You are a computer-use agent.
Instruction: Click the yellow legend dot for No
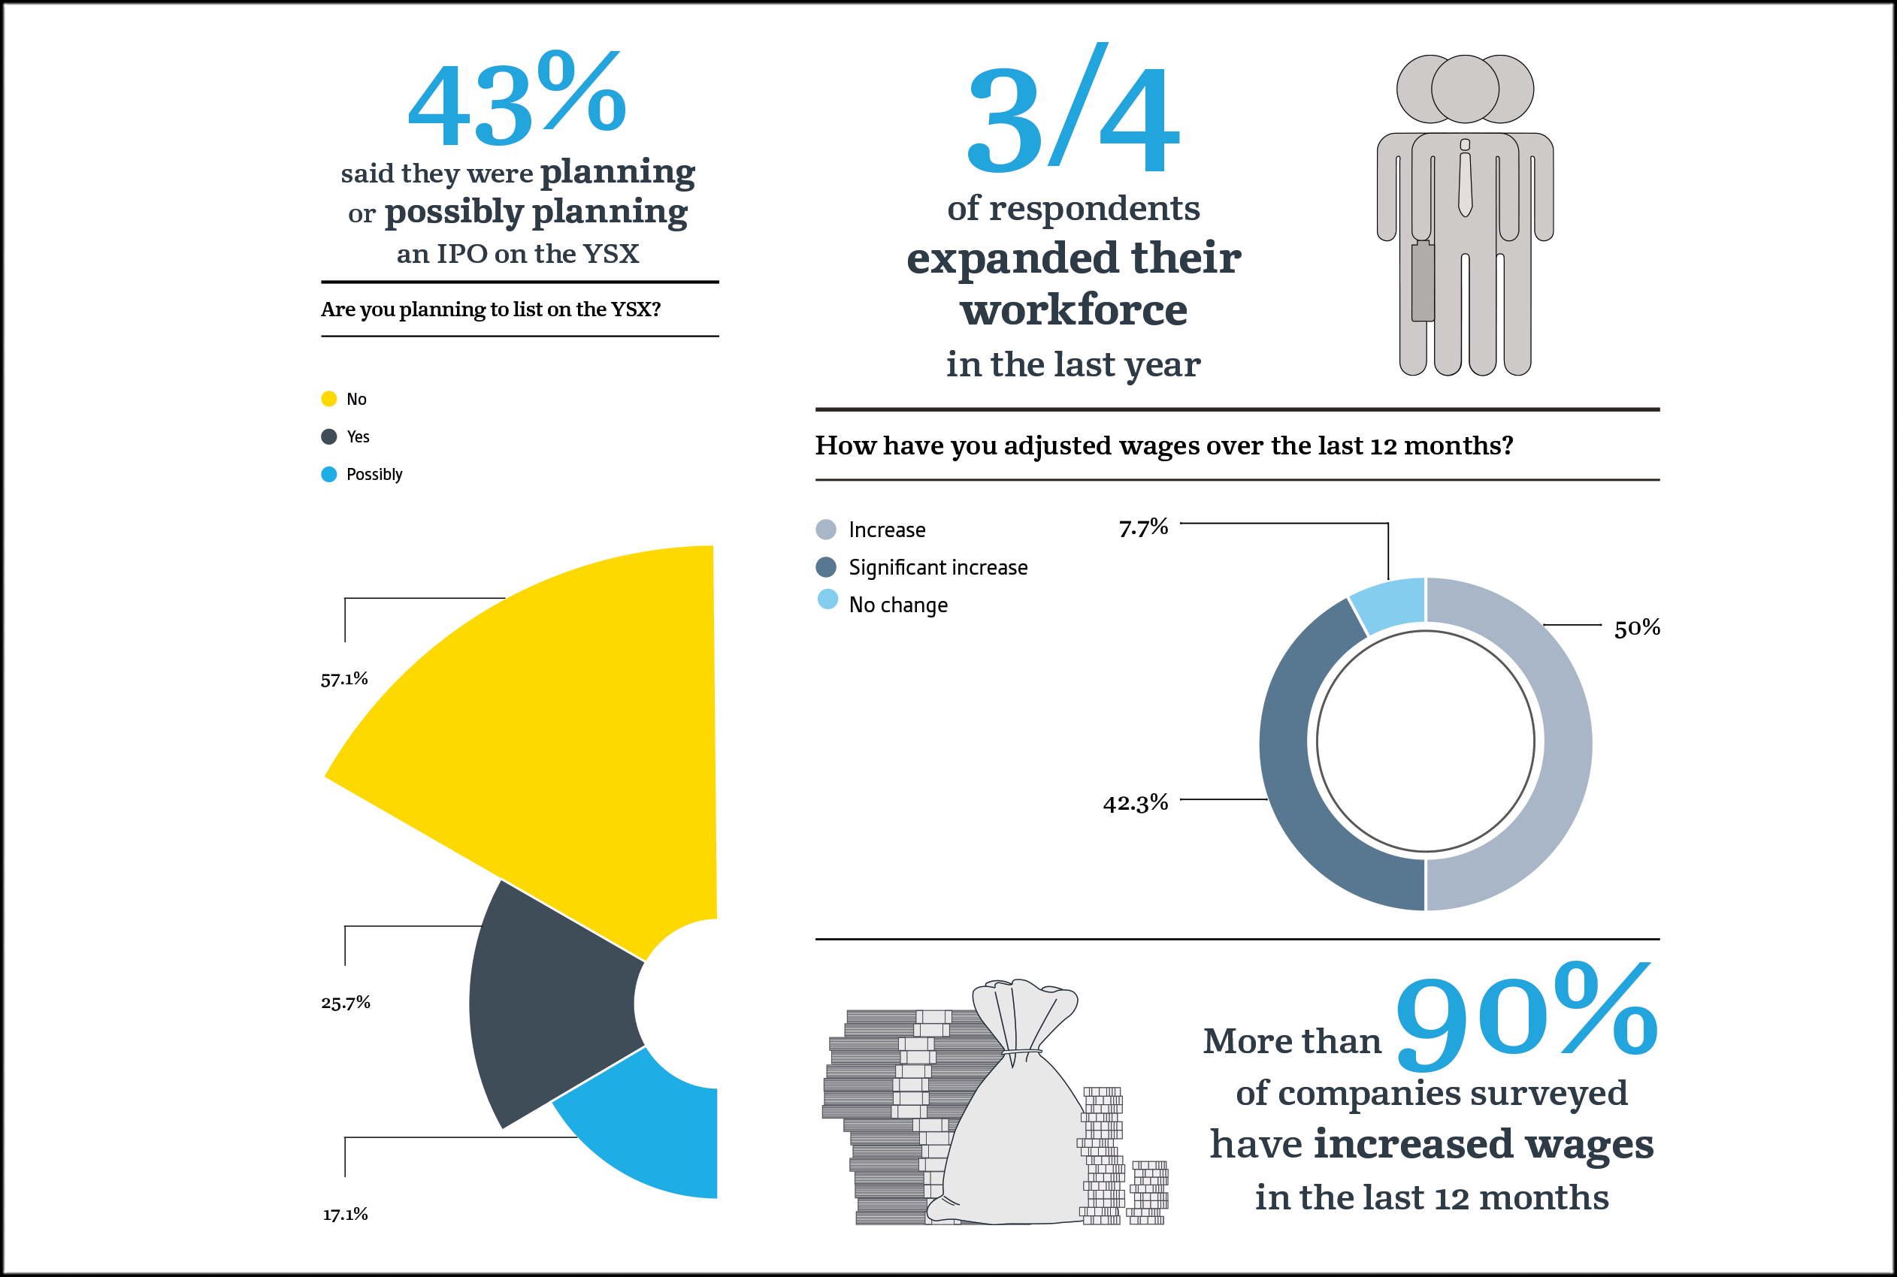[x=329, y=398]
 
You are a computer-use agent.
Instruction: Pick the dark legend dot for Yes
[x=329, y=436]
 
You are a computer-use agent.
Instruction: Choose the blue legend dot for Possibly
[x=329, y=474]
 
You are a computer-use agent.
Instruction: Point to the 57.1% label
[x=344, y=678]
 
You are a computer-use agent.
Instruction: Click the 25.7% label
[x=346, y=1002]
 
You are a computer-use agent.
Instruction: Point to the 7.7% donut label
[x=1143, y=528]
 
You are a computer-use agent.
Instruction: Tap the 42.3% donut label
[x=1135, y=803]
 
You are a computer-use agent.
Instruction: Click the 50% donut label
[x=1637, y=627]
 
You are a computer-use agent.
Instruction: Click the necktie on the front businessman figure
[x=1465, y=183]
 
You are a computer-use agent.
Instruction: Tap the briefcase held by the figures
[x=1423, y=281]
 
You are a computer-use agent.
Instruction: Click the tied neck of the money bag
[x=1022, y=1055]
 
